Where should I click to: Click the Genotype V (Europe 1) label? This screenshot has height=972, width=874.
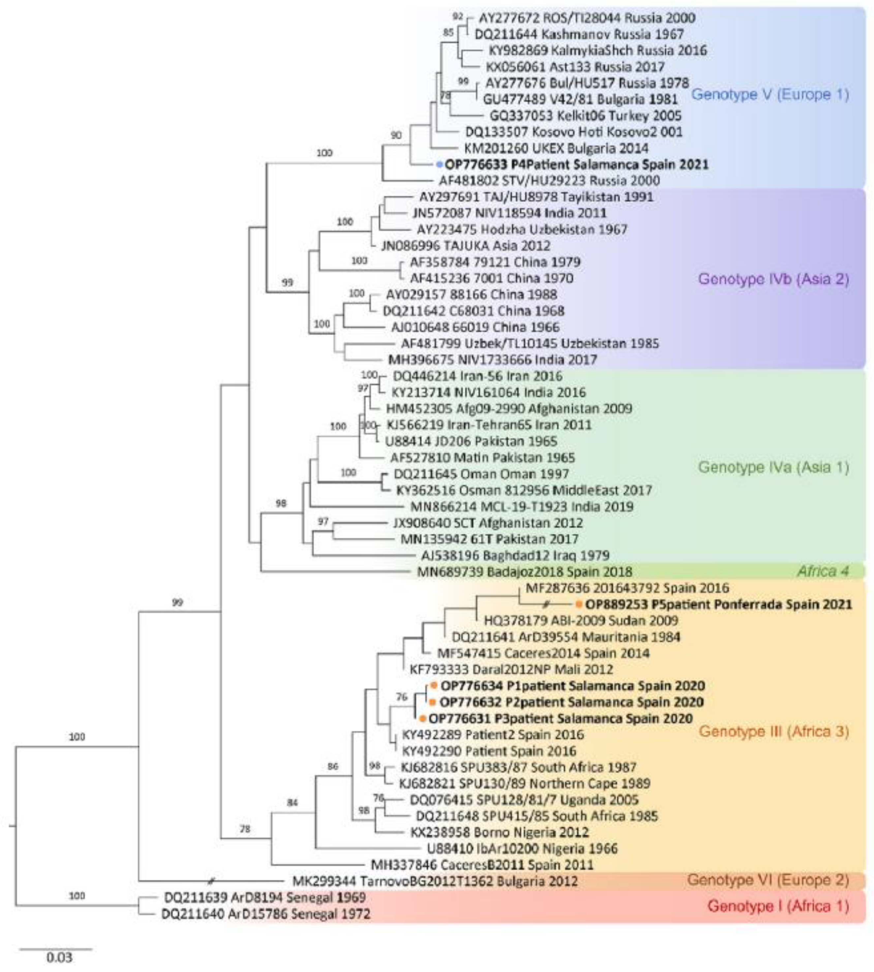tap(770, 95)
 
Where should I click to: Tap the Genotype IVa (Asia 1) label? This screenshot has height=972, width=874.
tap(773, 467)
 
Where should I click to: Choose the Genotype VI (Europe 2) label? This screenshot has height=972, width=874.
tap(768, 880)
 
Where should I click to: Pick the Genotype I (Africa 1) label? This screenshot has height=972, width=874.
tap(778, 906)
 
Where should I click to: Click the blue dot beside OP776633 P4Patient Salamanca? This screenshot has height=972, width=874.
tap(439, 165)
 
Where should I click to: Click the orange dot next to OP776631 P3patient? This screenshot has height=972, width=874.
tap(422, 719)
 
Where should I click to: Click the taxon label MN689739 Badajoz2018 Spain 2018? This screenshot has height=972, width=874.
tap(525, 572)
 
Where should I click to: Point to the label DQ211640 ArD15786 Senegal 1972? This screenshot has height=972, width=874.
tap(265, 914)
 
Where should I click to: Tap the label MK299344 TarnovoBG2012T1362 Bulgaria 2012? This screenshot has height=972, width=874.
tap(435, 881)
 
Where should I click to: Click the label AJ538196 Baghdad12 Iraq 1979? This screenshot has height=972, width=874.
tap(515, 556)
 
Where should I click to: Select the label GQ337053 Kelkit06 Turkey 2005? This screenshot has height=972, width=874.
tap(585, 116)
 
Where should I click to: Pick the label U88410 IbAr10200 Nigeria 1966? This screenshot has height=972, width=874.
tap(522, 849)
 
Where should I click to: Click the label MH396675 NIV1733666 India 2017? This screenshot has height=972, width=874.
tap(492, 359)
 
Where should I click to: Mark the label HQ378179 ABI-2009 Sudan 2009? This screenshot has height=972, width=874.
tap(581, 621)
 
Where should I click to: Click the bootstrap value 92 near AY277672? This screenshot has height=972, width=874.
tap(458, 17)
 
